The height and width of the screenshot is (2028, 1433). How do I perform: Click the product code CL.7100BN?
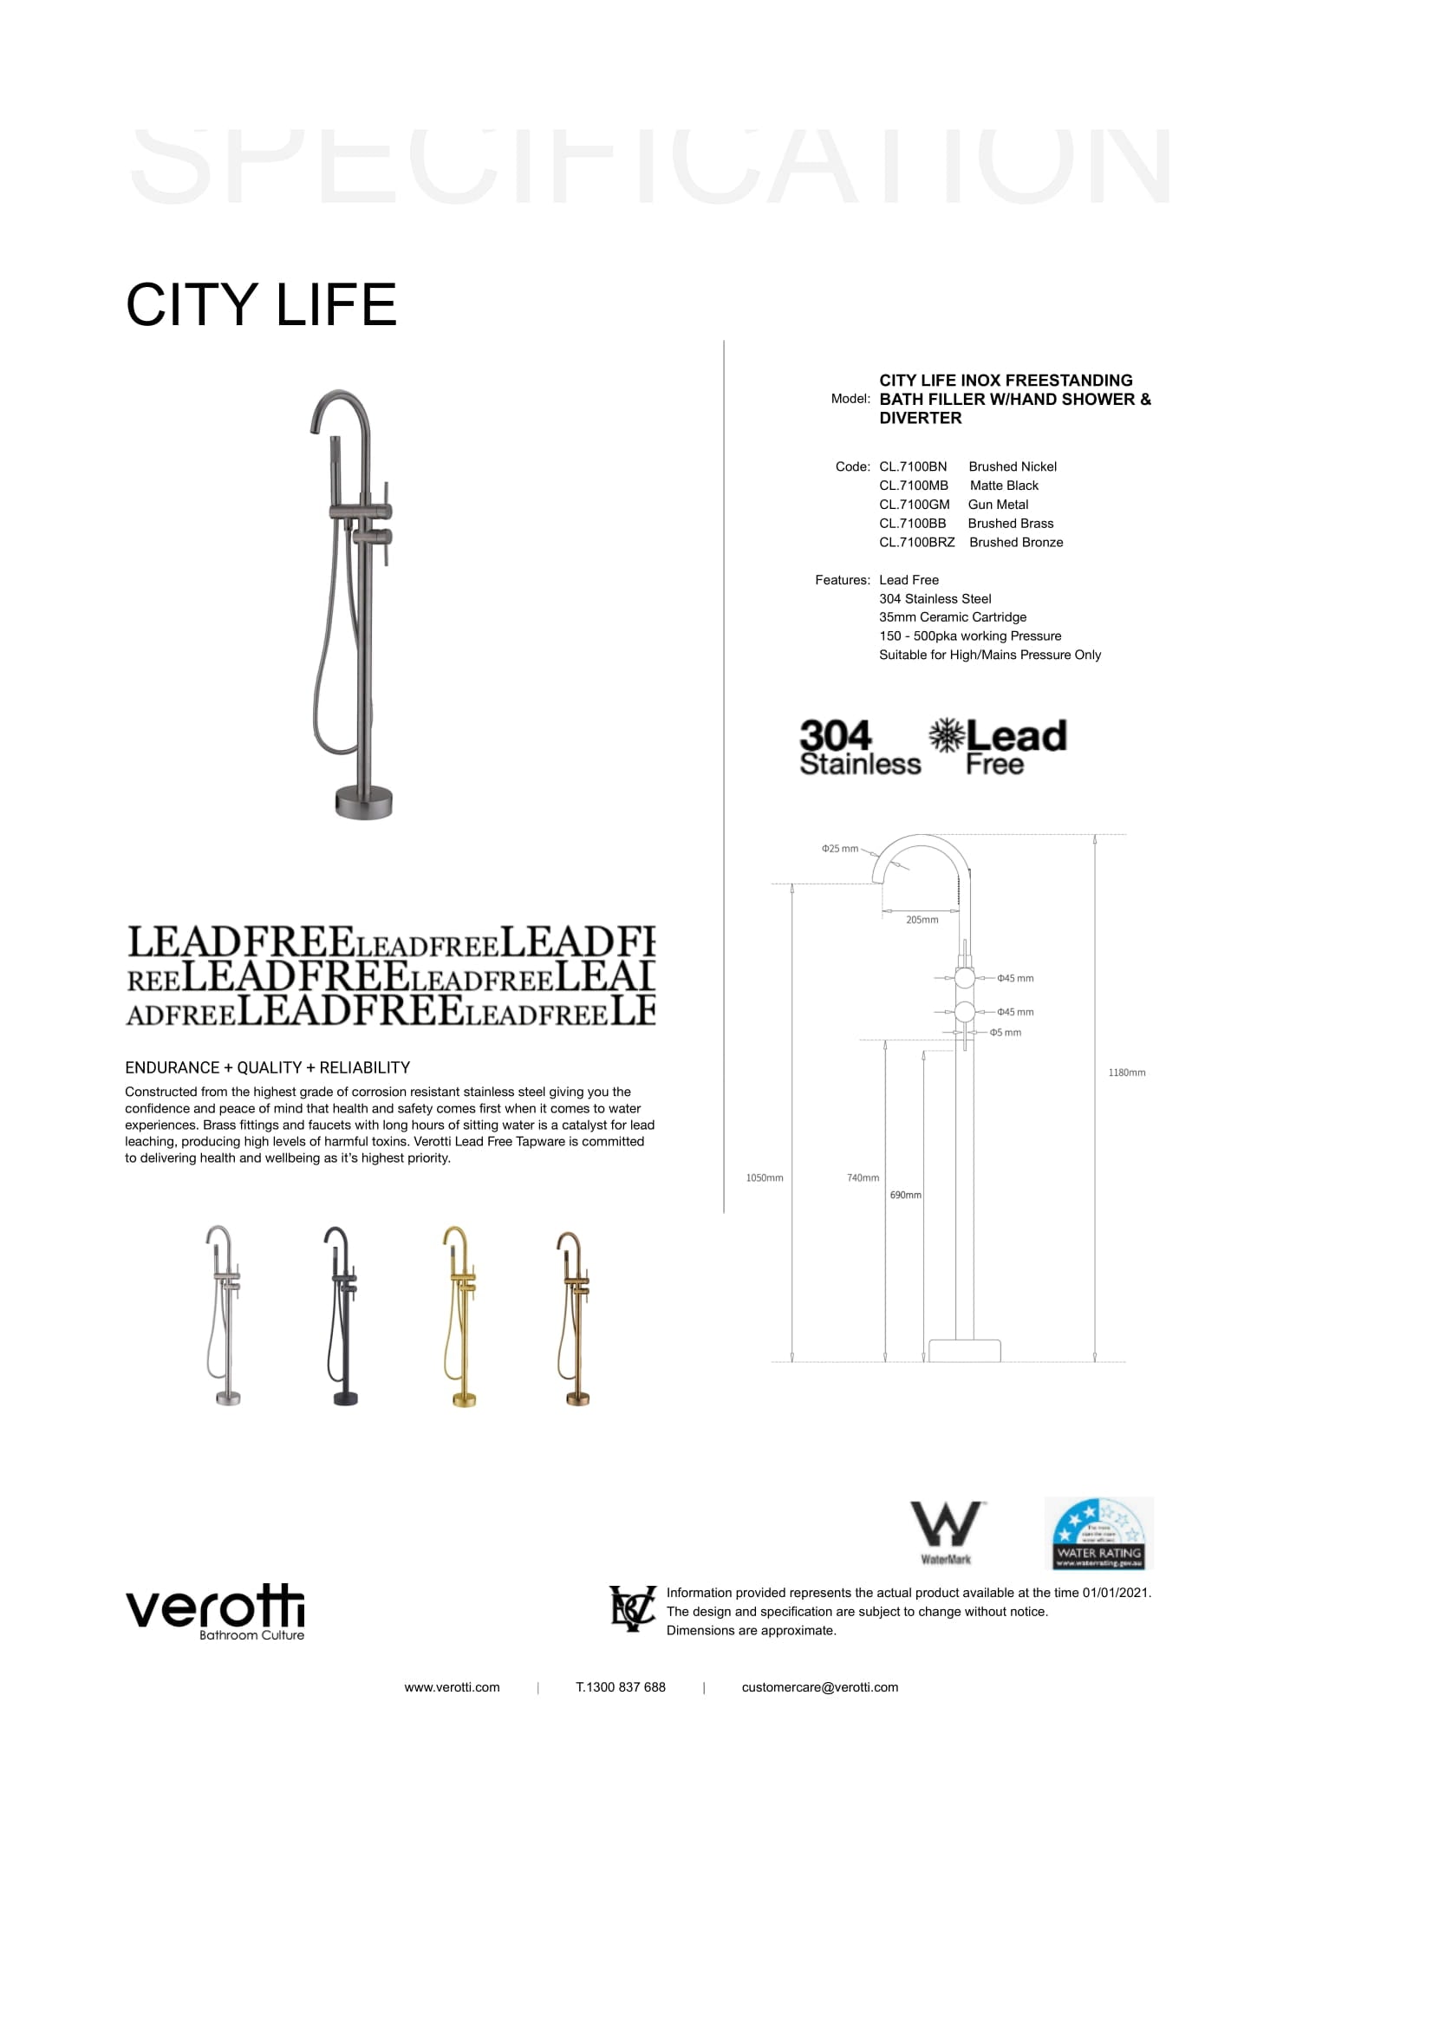pos(912,466)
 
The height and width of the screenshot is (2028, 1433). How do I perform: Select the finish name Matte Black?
pos(1004,486)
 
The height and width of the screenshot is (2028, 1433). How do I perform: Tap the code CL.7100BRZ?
pos(916,542)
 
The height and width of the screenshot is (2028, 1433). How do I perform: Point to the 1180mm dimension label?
pos(1127,1073)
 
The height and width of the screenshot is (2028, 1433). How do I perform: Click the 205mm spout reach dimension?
pos(922,919)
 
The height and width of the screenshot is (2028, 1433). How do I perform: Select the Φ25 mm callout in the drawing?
pos(840,849)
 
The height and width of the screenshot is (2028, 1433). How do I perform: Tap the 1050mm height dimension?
pos(765,1177)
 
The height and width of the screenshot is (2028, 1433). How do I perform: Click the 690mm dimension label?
pos(905,1195)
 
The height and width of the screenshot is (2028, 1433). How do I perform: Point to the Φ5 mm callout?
pos(1006,1033)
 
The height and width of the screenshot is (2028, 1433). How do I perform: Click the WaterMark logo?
pos(947,1532)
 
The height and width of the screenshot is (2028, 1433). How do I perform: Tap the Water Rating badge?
pos(1098,1534)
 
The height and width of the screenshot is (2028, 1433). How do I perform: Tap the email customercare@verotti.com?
pos(819,1687)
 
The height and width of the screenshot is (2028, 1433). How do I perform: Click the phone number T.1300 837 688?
pos(621,1687)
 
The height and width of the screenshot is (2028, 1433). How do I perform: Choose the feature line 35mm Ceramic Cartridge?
pos(952,617)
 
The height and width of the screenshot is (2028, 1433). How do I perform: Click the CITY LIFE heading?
pos(261,304)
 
